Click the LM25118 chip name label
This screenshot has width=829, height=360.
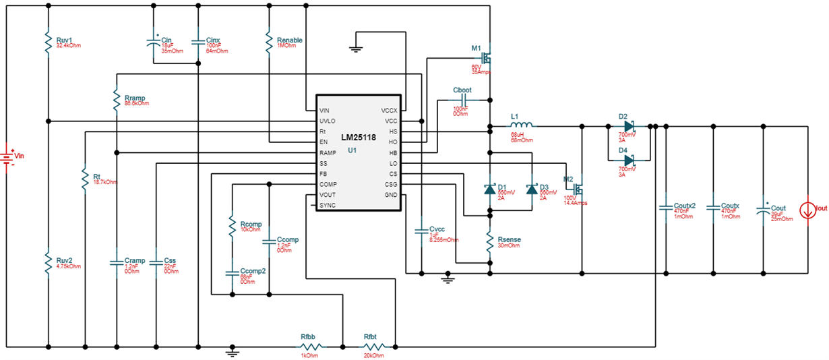point(360,137)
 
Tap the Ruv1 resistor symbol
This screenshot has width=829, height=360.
point(49,42)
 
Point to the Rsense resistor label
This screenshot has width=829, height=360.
point(509,239)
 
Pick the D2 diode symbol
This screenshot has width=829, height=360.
point(628,125)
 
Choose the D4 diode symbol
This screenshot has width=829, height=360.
point(628,160)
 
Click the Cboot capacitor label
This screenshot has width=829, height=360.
point(463,90)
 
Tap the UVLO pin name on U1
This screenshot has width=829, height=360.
point(328,121)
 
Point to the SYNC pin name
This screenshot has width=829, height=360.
point(328,205)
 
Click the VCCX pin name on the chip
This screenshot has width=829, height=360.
point(390,110)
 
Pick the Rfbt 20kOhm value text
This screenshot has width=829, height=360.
point(374,355)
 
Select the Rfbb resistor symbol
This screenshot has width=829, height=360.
point(309,347)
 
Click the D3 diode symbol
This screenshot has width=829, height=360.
point(532,189)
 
